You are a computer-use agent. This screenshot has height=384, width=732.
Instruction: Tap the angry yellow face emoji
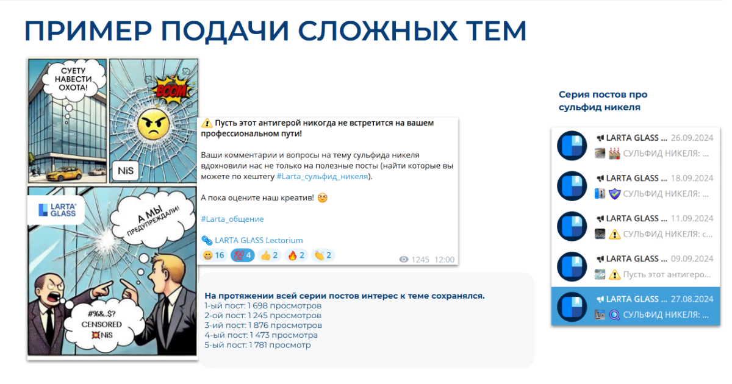(x=154, y=125)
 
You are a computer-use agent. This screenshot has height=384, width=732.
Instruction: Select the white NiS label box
(x=126, y=171)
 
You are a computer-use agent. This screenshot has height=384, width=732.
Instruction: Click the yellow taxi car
(x=65, y=173)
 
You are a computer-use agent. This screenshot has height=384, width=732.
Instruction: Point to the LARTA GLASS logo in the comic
(x=57, y=210)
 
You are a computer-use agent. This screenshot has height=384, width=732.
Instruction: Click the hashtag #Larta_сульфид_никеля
(x=322, y=177)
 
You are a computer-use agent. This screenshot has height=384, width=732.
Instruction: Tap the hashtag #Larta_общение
(x=232, y=219)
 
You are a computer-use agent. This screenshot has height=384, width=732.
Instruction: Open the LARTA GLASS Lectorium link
(x=253, y=241)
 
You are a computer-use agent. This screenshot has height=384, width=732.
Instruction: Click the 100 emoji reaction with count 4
(x=243, y=255)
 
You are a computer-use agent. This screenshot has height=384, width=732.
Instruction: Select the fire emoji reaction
(x=296, y=255)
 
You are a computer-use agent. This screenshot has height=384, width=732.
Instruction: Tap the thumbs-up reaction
(x=269, y=255)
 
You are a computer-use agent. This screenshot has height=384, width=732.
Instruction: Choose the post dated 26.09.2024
(x=636, y=146)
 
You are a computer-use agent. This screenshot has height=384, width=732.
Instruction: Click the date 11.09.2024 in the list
(x=692, y=218)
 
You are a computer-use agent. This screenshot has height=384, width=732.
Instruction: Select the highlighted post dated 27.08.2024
(x=636, y=307)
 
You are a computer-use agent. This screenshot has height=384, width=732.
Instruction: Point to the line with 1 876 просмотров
(x=263, y=325)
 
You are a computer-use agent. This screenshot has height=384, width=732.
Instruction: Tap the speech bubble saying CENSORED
(x=102, y=324)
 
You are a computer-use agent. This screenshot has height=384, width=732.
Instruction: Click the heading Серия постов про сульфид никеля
(x=603, y=101)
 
